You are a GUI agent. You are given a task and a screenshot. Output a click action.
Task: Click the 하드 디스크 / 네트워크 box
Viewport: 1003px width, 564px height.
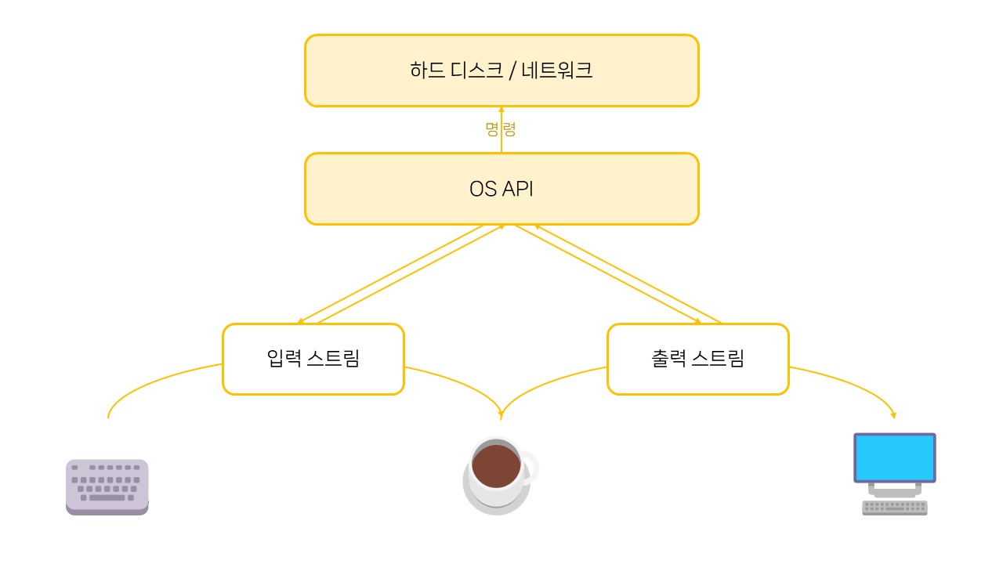pyautogui.click(x=501, y=70)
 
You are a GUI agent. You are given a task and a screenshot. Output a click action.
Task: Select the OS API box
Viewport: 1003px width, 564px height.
pyautogui.click(x=501, y=189)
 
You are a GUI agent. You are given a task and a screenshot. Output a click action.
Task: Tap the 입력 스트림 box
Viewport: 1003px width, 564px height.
pyautogui.click(x=313, y=359)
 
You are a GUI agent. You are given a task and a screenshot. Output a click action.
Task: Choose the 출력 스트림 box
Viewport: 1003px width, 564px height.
pyautogui.click(x=697, y=359)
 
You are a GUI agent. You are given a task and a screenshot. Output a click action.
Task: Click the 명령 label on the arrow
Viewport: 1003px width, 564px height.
pyautogui.click(x=501, y=129)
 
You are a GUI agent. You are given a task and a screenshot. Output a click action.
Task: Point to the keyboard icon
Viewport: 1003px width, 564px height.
pyautogui.click(x=107, y=486)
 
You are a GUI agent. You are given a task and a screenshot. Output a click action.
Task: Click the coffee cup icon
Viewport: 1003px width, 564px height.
pyautogui.click(x=498, y=475)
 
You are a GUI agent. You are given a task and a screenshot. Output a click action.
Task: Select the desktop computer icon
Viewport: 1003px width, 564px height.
pyautogui.click(x=895, y=473)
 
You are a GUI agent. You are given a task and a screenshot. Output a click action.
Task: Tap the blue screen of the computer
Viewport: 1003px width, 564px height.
pyautogui.click(x=895, y=457)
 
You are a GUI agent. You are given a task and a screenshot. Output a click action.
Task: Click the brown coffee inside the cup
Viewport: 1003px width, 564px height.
pyautogui.click(x=495, y=465)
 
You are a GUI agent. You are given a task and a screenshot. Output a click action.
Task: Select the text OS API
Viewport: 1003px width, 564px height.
pyautogui.click(x=501, y=189)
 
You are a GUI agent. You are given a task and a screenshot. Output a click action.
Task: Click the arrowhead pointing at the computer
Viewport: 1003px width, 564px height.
pyautogui.click(x=893, y=414)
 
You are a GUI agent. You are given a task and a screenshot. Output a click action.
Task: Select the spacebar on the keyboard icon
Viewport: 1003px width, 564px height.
pyautogui.click(x=107, y=497)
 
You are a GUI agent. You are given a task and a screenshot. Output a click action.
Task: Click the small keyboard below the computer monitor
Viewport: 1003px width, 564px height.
pyautogui.click(x=895, y=508)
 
